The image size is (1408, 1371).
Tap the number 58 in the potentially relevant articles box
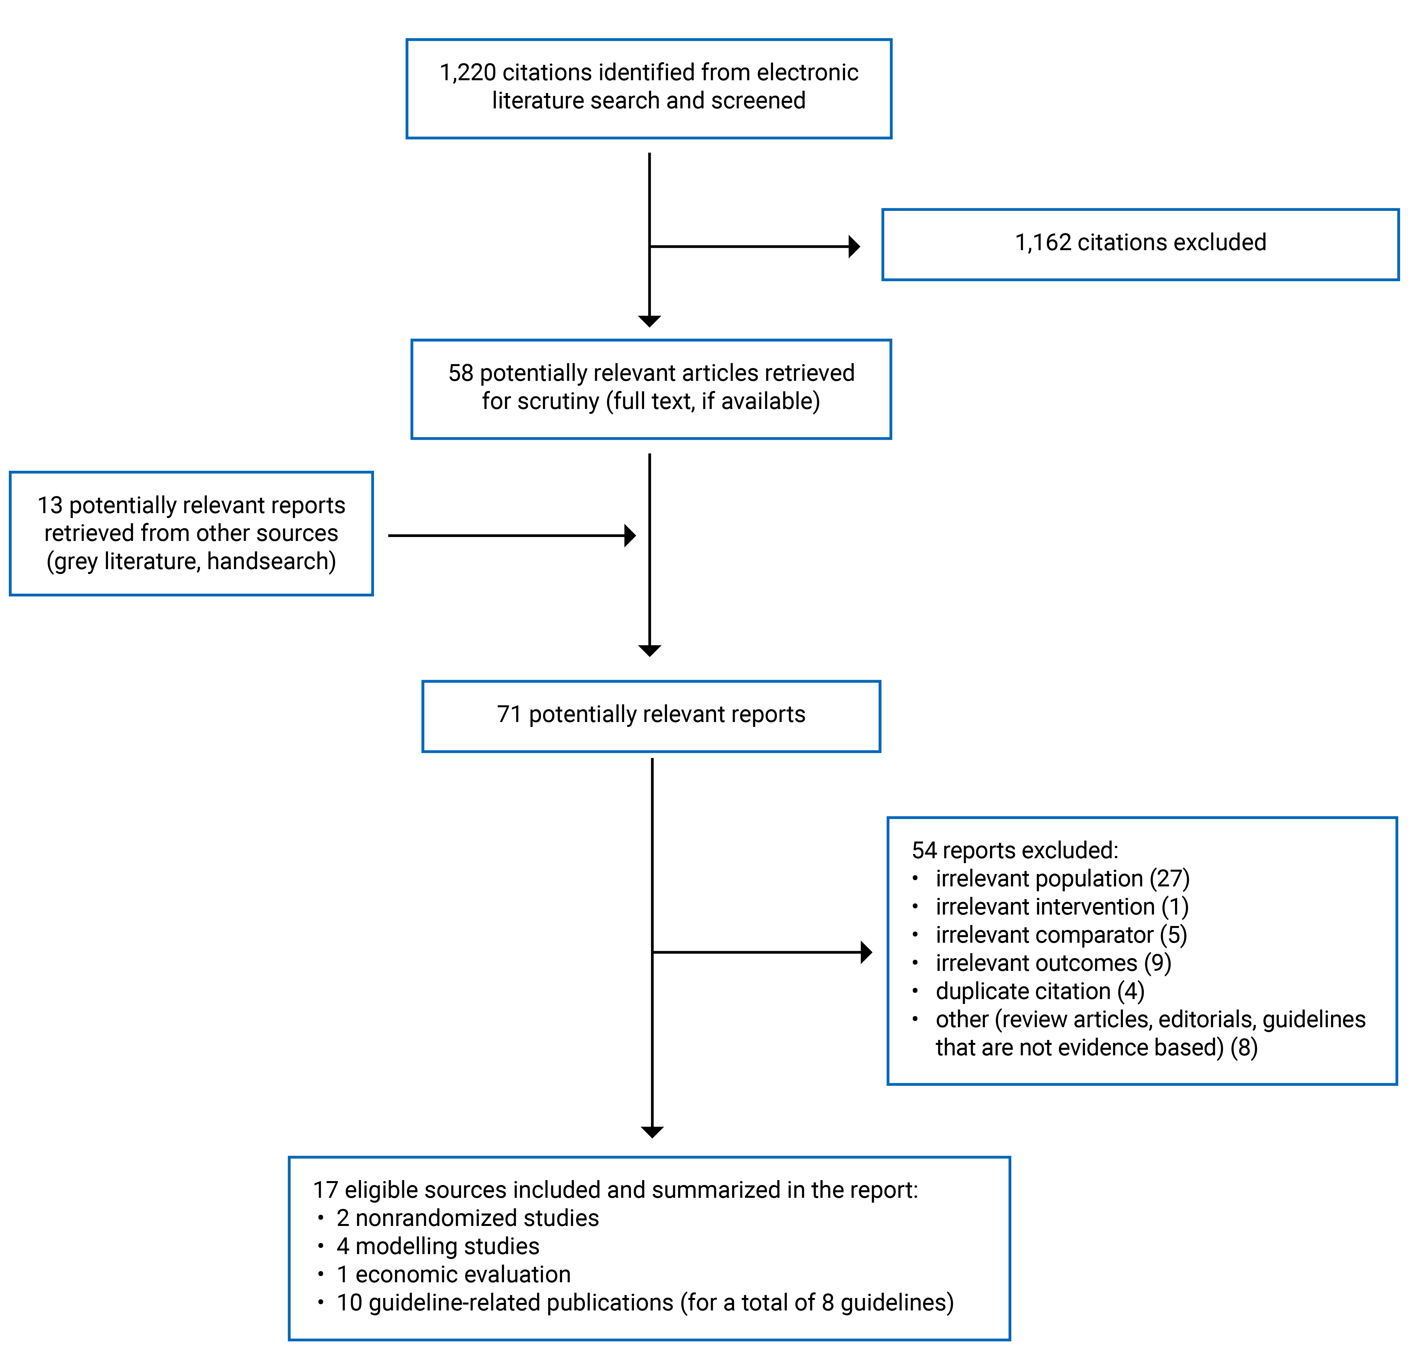click(x=461, y=373)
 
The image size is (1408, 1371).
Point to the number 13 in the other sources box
click(x=50, y=506)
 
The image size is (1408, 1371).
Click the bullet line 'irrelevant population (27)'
click(x=1062, y=879)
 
